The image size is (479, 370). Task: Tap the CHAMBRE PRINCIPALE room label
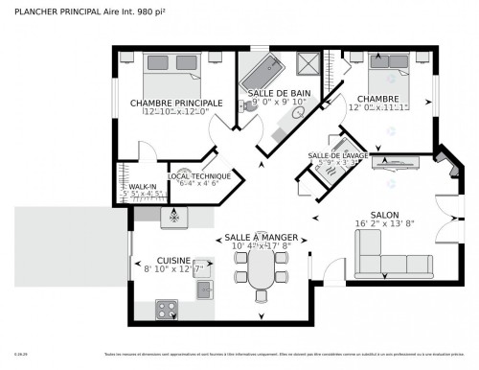pyautogui.click(x=176, y=103)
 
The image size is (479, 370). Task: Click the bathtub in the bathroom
pyautogui.click(x=262, y=71)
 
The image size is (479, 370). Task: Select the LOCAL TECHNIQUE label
pyautogui.click(x=199, y=176)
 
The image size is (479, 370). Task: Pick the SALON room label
pyautogui.click(x=385, y=216)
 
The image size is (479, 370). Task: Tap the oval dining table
pyautogui.click(x=261, y=278)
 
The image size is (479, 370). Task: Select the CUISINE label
pyautogui.click(x=173, y=260)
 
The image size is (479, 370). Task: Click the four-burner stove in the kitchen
pyautogui.click(x=168, y=309)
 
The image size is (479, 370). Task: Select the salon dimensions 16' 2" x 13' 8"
pyautogui.click(x=385, y=226)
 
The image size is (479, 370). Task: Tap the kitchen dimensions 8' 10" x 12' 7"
pyautogui.click(x=173, y=270)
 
